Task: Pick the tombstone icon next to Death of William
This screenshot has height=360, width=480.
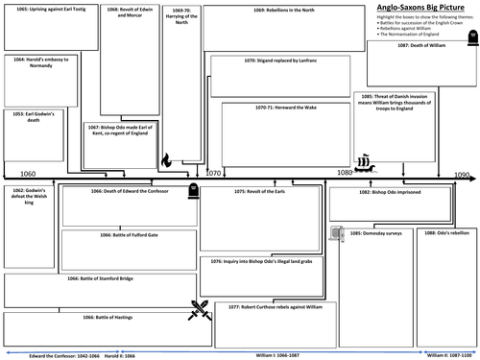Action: click(469, 38)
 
